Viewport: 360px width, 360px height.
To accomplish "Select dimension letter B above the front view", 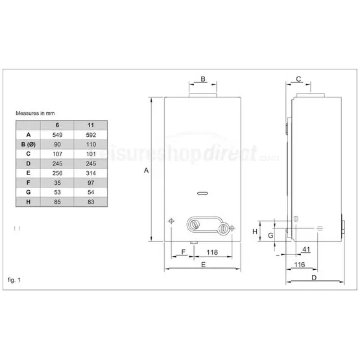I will point(202,79).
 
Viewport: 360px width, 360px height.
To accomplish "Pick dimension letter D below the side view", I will point(314,278).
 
